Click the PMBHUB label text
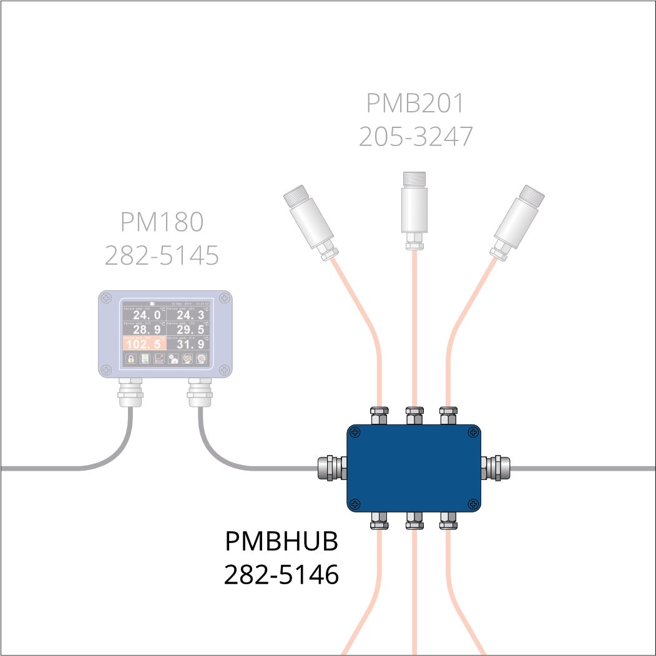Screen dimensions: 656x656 pyautogui.click(x=281, y=542)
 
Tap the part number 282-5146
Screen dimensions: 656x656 pyautogui.click(x=281, y=575)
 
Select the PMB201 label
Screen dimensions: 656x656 pyautogui.click(x=415, y=104)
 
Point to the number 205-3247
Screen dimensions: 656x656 pyautogui.click(x=415, y=136)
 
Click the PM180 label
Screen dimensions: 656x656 pyautogui.click(x=162, y=221)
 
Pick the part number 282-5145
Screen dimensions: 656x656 pyautogui.click(x=162, y=255)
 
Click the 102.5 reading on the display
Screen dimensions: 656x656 pyautogui.click(x=144, y=344)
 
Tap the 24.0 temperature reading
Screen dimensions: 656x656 pyautogui.click(x=146, y=315)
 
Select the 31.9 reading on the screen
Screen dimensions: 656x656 pyautogui.click(x=190, y=344)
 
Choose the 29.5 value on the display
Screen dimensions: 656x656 pyautogui.click(x=190, y=330)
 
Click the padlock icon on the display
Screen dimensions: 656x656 pyautogui.click(x=131, y=358)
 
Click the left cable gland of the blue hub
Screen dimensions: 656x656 pyautogui.click(x=331, y=468)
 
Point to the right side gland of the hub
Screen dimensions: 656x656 pyautogui.click(x=496, y=468)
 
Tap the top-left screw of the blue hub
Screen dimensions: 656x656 pyautogui.click(x=355, y=431)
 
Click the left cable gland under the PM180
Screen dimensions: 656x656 pyautogui.click(x=131, y=393)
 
